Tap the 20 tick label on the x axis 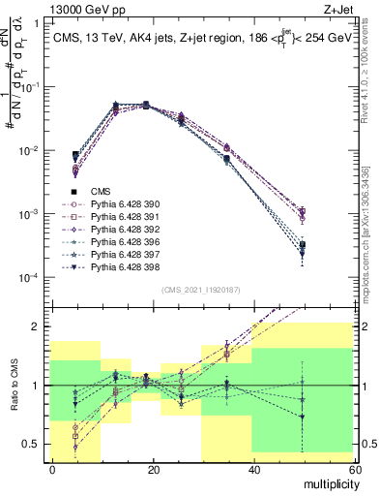coord(152,468)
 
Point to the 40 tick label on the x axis coord(252,468)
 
